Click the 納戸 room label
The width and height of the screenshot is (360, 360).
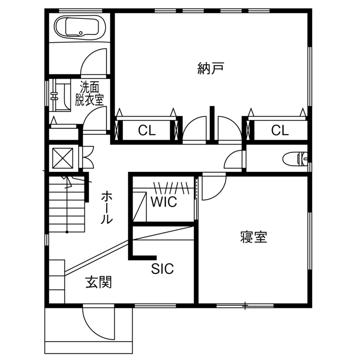[211, 68]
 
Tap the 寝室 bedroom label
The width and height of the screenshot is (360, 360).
[254, 237]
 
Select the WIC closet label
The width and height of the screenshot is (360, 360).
[164, 202]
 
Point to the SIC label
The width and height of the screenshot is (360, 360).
[162, 269]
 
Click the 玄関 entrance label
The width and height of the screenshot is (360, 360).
[99, 282]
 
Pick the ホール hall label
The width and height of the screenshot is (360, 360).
[107, 208]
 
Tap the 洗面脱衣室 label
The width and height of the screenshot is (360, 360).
[90, 94]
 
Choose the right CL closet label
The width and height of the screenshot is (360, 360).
[280, 130]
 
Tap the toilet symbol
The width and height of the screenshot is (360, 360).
[296, 159]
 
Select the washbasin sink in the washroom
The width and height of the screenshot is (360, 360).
[60, 96]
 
